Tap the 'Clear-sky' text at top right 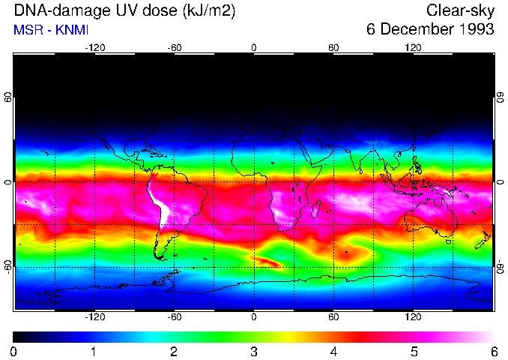(460, 10)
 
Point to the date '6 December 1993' (430, 30)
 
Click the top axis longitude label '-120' (94, 47)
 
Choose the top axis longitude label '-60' (175, 47)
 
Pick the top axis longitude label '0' (254, 47)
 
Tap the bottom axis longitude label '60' (333, 317)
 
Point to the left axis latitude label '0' (8, 182)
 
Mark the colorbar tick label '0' (13, 351)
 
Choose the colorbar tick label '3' (254, 351)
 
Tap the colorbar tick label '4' (334, 351)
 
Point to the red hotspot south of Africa (268, 262)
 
